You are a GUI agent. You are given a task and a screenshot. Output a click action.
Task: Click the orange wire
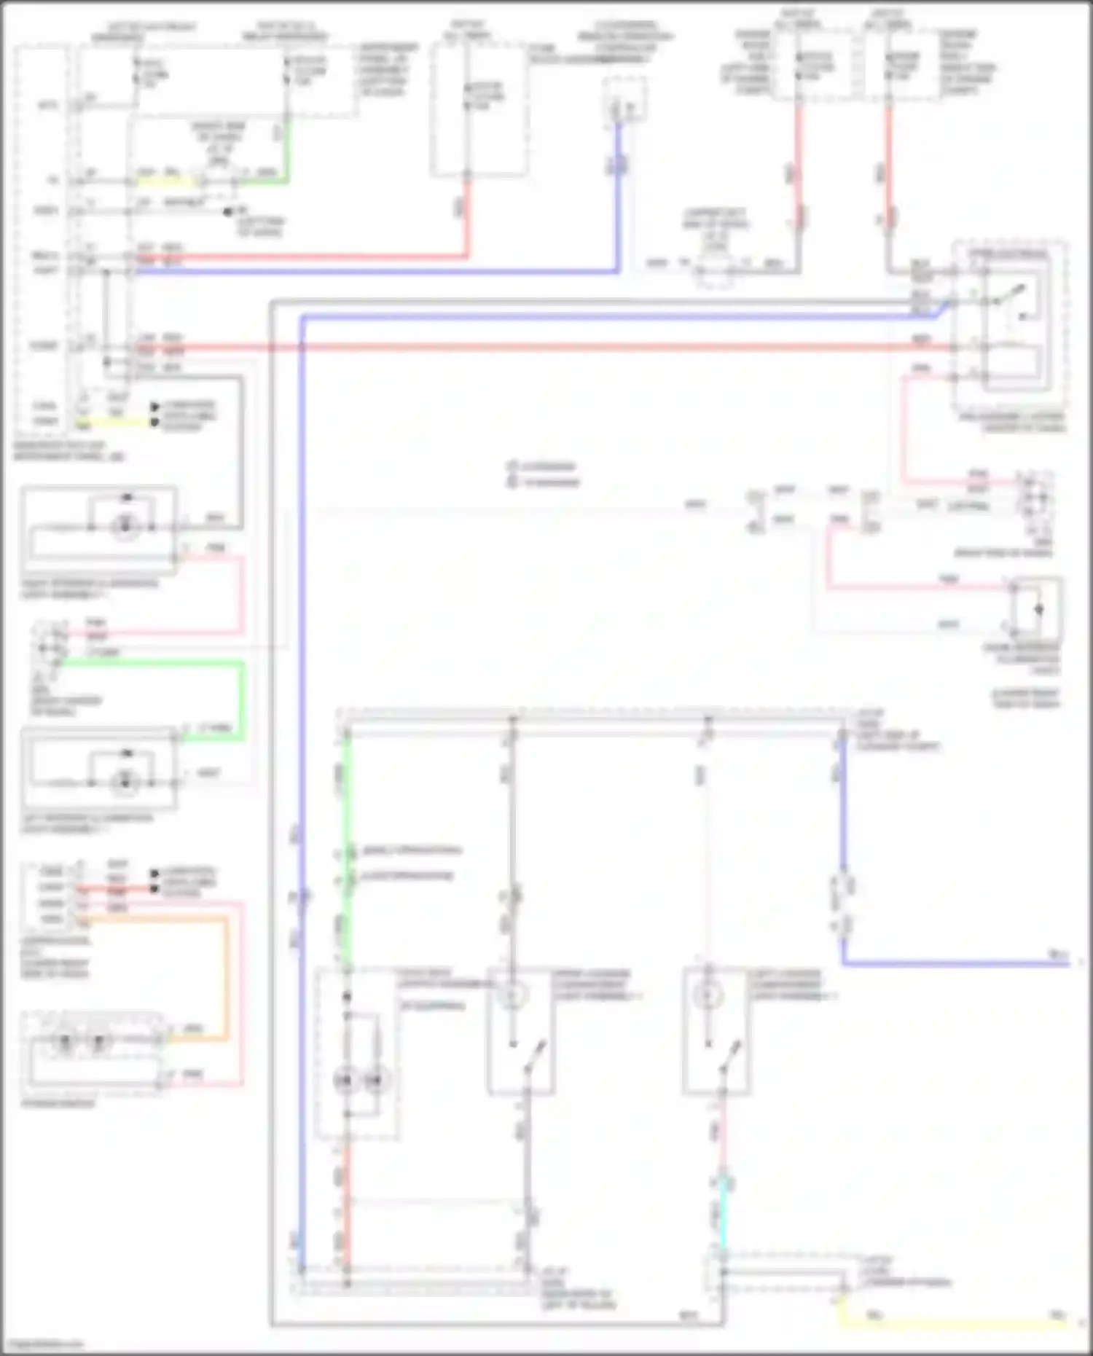(227, 976)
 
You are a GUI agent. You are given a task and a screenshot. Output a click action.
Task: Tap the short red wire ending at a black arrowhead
(117, 890)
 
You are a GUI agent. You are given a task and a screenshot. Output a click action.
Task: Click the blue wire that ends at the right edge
(947, 963)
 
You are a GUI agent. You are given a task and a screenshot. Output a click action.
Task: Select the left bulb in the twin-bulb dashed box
(347, 1079)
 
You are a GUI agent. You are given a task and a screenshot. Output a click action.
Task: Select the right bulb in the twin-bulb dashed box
(375, 1079)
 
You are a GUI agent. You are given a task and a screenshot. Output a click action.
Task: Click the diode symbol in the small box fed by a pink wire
(1039, 609)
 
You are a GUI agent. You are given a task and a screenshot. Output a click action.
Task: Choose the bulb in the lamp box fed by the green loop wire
(125, 782)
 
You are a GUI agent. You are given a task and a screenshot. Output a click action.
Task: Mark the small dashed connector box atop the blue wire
(623, 99)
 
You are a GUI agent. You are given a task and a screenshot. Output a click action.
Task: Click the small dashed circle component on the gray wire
(715, 272)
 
